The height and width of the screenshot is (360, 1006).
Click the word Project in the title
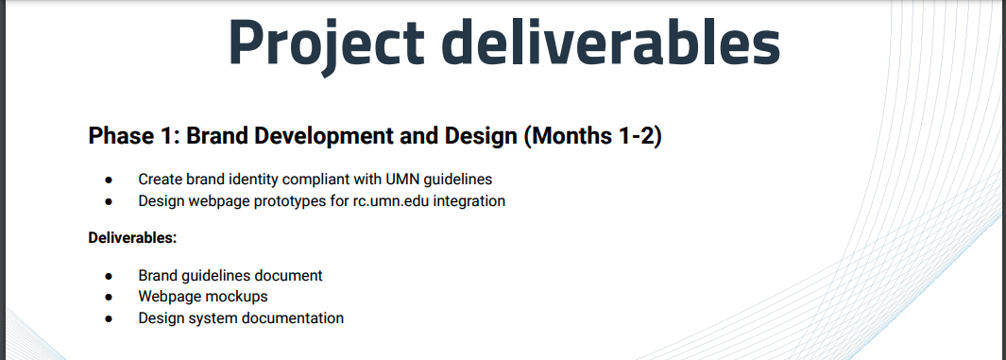coord(326,43)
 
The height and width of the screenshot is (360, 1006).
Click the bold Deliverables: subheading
coord(132,237)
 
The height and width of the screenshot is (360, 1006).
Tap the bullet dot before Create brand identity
coord(109,180)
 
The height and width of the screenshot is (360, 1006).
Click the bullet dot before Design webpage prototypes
coord(109,201)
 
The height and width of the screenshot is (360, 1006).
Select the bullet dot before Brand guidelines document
coord(109,276)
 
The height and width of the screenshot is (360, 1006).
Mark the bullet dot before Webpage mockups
coord(109,297)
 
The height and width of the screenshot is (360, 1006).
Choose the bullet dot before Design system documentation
coord(109,318)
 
